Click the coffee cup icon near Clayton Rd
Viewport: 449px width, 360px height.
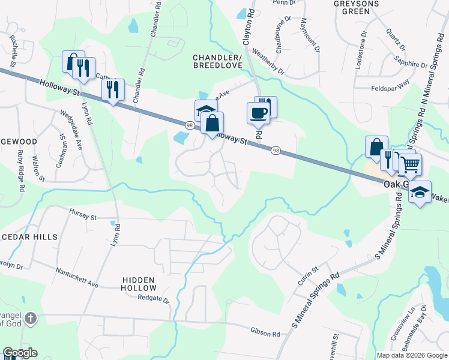[x=259, y=112]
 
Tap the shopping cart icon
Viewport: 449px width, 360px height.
[x=411, y=164]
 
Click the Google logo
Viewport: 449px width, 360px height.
[x=20, y=353]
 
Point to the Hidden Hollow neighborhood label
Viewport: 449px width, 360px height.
[x=139, y=284]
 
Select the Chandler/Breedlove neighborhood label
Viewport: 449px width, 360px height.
[x=217, y=62]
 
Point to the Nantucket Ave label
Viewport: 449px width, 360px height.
[x=76, y=277]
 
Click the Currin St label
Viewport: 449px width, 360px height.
[x=307, y=277]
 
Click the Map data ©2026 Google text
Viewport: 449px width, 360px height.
[x=411, y=355]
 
